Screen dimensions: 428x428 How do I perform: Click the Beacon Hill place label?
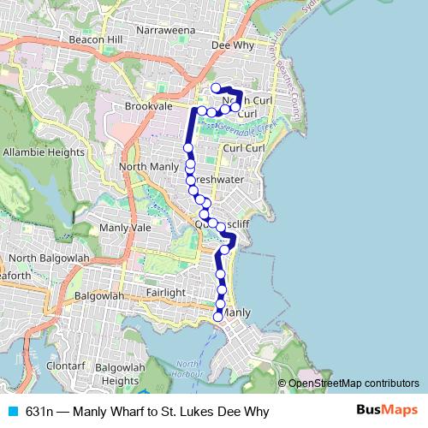96,40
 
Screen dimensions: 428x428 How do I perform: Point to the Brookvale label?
149,106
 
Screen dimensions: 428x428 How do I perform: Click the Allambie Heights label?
44,152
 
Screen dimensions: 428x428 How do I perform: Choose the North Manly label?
149,166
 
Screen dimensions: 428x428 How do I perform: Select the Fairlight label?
165,293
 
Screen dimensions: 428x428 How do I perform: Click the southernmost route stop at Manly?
218,317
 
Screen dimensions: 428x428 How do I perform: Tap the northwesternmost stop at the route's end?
216,87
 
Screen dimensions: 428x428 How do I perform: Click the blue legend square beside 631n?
11,412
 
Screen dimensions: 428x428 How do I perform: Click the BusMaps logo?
387,411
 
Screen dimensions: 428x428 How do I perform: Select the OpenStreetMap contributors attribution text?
353,383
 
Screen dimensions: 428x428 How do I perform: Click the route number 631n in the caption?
39,412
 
